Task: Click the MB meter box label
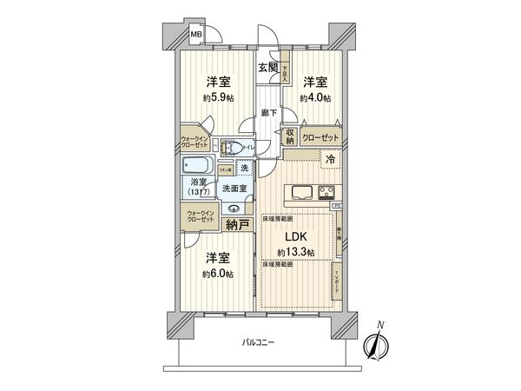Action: pos(197,36)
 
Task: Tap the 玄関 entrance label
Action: pos(267,68)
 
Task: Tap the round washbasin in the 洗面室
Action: pos(234,209)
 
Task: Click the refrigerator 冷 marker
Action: pos(331,158)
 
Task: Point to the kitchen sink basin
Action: pos(301,191)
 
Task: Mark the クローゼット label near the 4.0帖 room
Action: pos(321,137)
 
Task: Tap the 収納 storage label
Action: pos(289,136)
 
